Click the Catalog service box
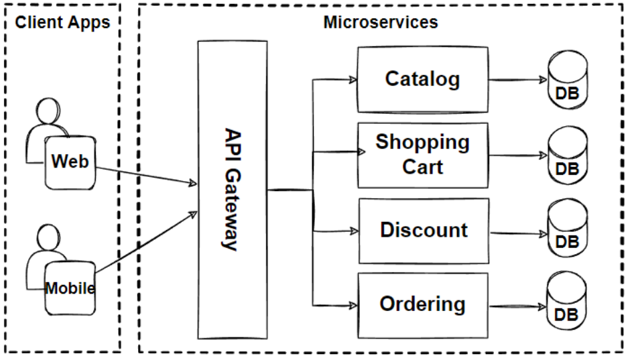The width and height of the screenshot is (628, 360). [x=422, y=80]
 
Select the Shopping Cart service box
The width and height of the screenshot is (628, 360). [x=422, y=155]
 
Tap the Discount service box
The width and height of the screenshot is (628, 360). [x=422, y=230]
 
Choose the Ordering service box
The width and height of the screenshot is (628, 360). [x=422, y=305]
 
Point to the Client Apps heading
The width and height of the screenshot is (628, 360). [x=62, y=22]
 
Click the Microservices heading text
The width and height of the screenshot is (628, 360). [x=380, y=22]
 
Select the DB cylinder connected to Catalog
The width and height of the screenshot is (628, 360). [x=567, y=83]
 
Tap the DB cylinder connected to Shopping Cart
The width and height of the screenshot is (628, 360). [x=567, y=158]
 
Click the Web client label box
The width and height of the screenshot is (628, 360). [x=70, y=162]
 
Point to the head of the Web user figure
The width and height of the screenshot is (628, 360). [x=50, y=111]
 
